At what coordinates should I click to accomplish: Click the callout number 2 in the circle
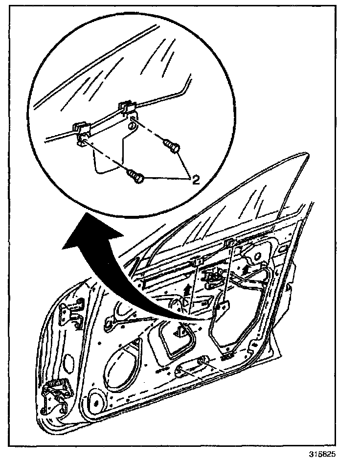[196, 180]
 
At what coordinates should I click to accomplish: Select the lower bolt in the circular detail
[135, 176]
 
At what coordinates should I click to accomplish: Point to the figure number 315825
[322, 454]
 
